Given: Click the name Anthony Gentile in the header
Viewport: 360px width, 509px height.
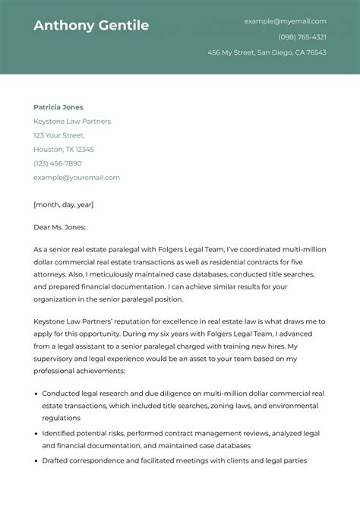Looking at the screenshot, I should (x=91, y=26).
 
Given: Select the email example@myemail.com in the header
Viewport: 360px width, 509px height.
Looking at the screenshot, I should (x=285, y=21).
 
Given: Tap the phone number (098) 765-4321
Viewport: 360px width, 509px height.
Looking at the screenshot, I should (x=302, y=37).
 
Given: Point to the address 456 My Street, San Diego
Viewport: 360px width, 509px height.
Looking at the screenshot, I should (x=267, y=52).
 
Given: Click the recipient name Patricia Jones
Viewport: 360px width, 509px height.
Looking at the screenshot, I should (x=58, y=107).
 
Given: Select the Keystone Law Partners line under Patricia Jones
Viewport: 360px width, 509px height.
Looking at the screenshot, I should (x=72, y=122).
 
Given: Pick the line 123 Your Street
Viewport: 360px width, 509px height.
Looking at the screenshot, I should (x=59, y=135).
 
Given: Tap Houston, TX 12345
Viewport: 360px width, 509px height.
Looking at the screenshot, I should (x=64, y=150).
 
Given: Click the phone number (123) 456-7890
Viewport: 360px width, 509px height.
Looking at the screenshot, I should (x=58, y=163).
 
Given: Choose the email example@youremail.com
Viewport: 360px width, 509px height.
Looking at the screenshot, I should (x=77, y=177).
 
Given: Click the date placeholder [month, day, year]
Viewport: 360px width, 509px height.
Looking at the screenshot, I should (x=64, y=204).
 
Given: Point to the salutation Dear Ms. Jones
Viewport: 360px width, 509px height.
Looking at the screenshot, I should (x=60, y=227).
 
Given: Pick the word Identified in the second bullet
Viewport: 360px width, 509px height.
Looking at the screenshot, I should (x=59, y=432).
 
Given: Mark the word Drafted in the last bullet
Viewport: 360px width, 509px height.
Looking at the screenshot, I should (x=55, y=461).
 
